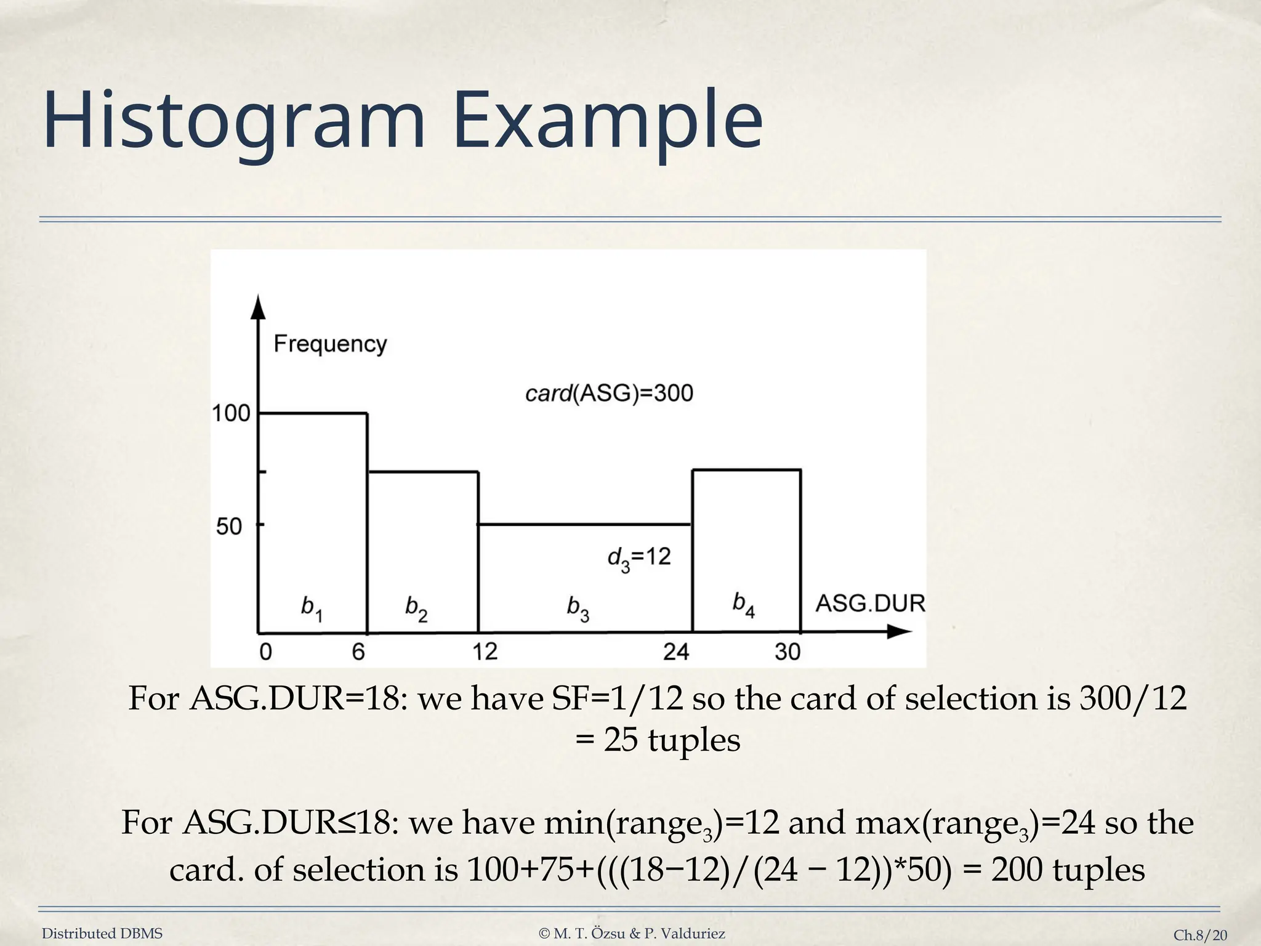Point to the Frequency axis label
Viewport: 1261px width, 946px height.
point(330,344)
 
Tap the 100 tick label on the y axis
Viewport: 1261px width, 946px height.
point(231,413)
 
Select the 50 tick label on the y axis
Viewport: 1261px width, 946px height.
point(229,527)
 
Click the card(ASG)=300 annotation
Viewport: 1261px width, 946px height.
point(609,393)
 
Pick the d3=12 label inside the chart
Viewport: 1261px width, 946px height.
point(639,558)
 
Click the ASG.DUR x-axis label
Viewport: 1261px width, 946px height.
point(870,604)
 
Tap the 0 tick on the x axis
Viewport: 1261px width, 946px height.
point(265,652)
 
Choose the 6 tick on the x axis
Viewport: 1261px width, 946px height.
point(358,652)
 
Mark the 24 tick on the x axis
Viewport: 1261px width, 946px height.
point(676,652)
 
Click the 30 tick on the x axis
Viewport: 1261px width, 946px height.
point(788,652)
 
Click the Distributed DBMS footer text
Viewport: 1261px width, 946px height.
point(102,934)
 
